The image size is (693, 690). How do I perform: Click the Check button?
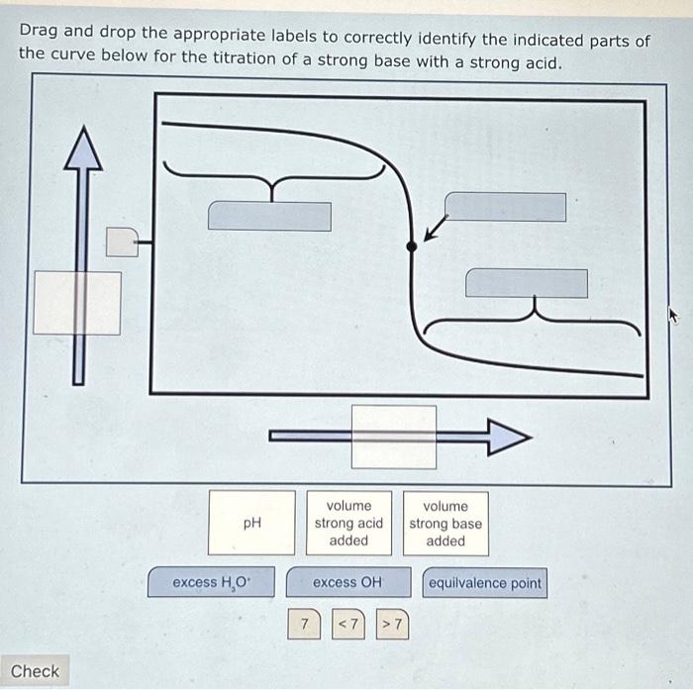coord(36,670)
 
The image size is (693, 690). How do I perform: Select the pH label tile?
coord(251,523)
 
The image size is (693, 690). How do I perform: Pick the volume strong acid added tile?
coord(348,523)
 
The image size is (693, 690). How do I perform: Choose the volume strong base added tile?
coord(445,523)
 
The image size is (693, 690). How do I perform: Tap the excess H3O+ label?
coord(212,582)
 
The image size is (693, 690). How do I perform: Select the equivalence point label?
coord(484,582)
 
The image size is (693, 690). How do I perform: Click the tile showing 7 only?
coord(306,625)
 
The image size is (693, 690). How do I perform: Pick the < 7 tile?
coord(348,625)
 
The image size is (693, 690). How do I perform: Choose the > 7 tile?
coord(392,625)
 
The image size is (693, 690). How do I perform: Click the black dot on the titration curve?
coord(412,246)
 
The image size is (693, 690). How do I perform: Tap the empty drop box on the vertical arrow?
coord(77,302)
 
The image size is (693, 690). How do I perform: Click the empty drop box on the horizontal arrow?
coord(394,437)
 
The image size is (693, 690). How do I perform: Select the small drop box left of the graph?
coord(122,241)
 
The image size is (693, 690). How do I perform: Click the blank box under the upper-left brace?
coord(269,216)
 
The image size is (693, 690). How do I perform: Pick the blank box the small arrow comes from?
coord(505,207)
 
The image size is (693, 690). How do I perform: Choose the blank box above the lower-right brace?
coord(526,282)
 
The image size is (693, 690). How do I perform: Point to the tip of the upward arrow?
coord(84,132)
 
